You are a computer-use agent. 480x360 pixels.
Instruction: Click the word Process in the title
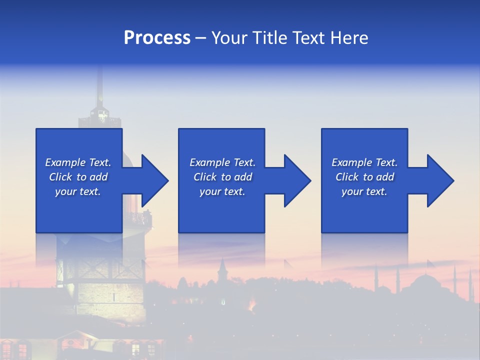[x=157, y=38]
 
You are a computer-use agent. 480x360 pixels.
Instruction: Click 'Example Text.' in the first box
[x=78, y=162]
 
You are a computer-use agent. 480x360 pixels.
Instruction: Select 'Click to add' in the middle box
[x=222, y=177]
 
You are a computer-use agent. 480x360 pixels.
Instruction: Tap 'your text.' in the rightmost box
[x=364, y=191]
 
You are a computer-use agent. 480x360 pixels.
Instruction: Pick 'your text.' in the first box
[x=78, y=191]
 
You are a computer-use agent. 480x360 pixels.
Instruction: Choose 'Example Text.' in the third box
[x=364, y=162]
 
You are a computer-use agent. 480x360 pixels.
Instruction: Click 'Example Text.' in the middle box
[x=222, y=162]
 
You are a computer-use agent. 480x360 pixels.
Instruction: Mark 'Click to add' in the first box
[x=78, y=177]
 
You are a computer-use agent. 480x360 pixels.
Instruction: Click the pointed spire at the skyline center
[x=222, y=267]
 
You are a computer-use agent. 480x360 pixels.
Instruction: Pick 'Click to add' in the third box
[x=364, y=177]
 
